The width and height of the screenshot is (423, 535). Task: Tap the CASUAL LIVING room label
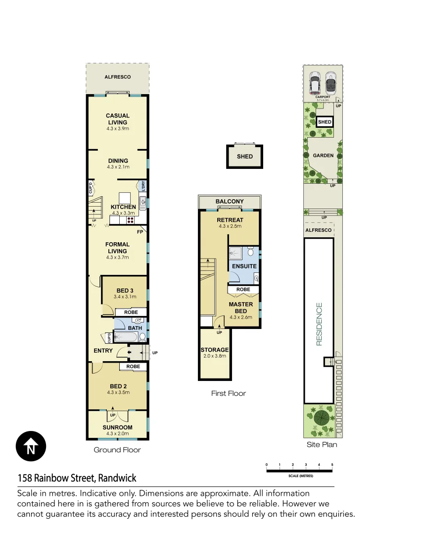(118, 119)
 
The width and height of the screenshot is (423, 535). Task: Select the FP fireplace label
(140, 232)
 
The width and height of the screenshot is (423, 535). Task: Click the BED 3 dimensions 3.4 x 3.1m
(124, 297)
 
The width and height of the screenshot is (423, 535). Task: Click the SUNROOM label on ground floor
(117, 428)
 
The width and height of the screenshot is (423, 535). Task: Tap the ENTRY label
(103, 351)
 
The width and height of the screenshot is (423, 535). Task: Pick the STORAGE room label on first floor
(215, 350)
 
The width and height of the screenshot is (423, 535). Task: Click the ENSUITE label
(244, 267)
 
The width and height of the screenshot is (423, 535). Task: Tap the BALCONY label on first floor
(229, 202)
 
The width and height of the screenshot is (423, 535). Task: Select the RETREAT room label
(230, 220)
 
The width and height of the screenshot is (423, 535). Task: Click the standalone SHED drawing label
(244, 157)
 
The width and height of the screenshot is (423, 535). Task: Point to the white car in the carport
(315, 84)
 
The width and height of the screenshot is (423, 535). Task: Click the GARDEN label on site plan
(323, 156)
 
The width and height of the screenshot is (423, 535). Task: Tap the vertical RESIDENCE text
(319, 324)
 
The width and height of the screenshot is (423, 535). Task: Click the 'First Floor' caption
(228, 393)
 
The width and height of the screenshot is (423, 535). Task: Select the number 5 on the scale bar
(332, 465)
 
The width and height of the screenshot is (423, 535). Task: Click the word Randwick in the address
(117, 479)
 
